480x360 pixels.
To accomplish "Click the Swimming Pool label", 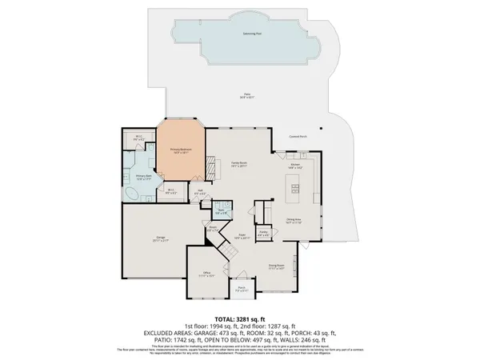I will coord(254,35).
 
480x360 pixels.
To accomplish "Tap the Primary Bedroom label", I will coord(180,150).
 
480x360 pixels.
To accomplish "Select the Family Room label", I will coord(238,164).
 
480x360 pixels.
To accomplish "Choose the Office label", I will coord(206,274).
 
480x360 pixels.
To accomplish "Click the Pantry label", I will coord(262,233).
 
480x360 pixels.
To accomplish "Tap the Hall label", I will coord(200,192).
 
